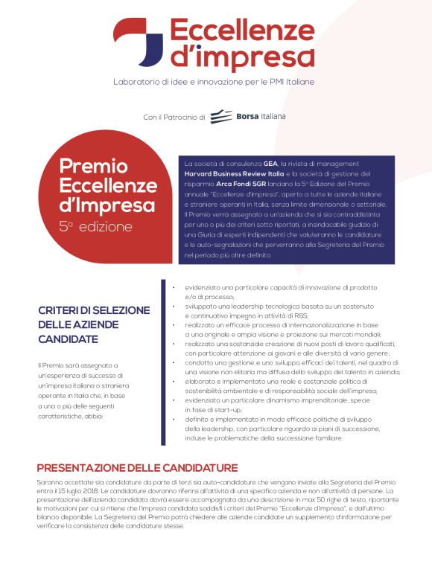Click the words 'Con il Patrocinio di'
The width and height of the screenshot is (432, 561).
click(x=174, y=118)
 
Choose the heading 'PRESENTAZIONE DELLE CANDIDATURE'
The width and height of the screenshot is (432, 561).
click(x=138, y=467)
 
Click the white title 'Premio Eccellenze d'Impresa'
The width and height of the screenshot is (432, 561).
click(x=97, y=185)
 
